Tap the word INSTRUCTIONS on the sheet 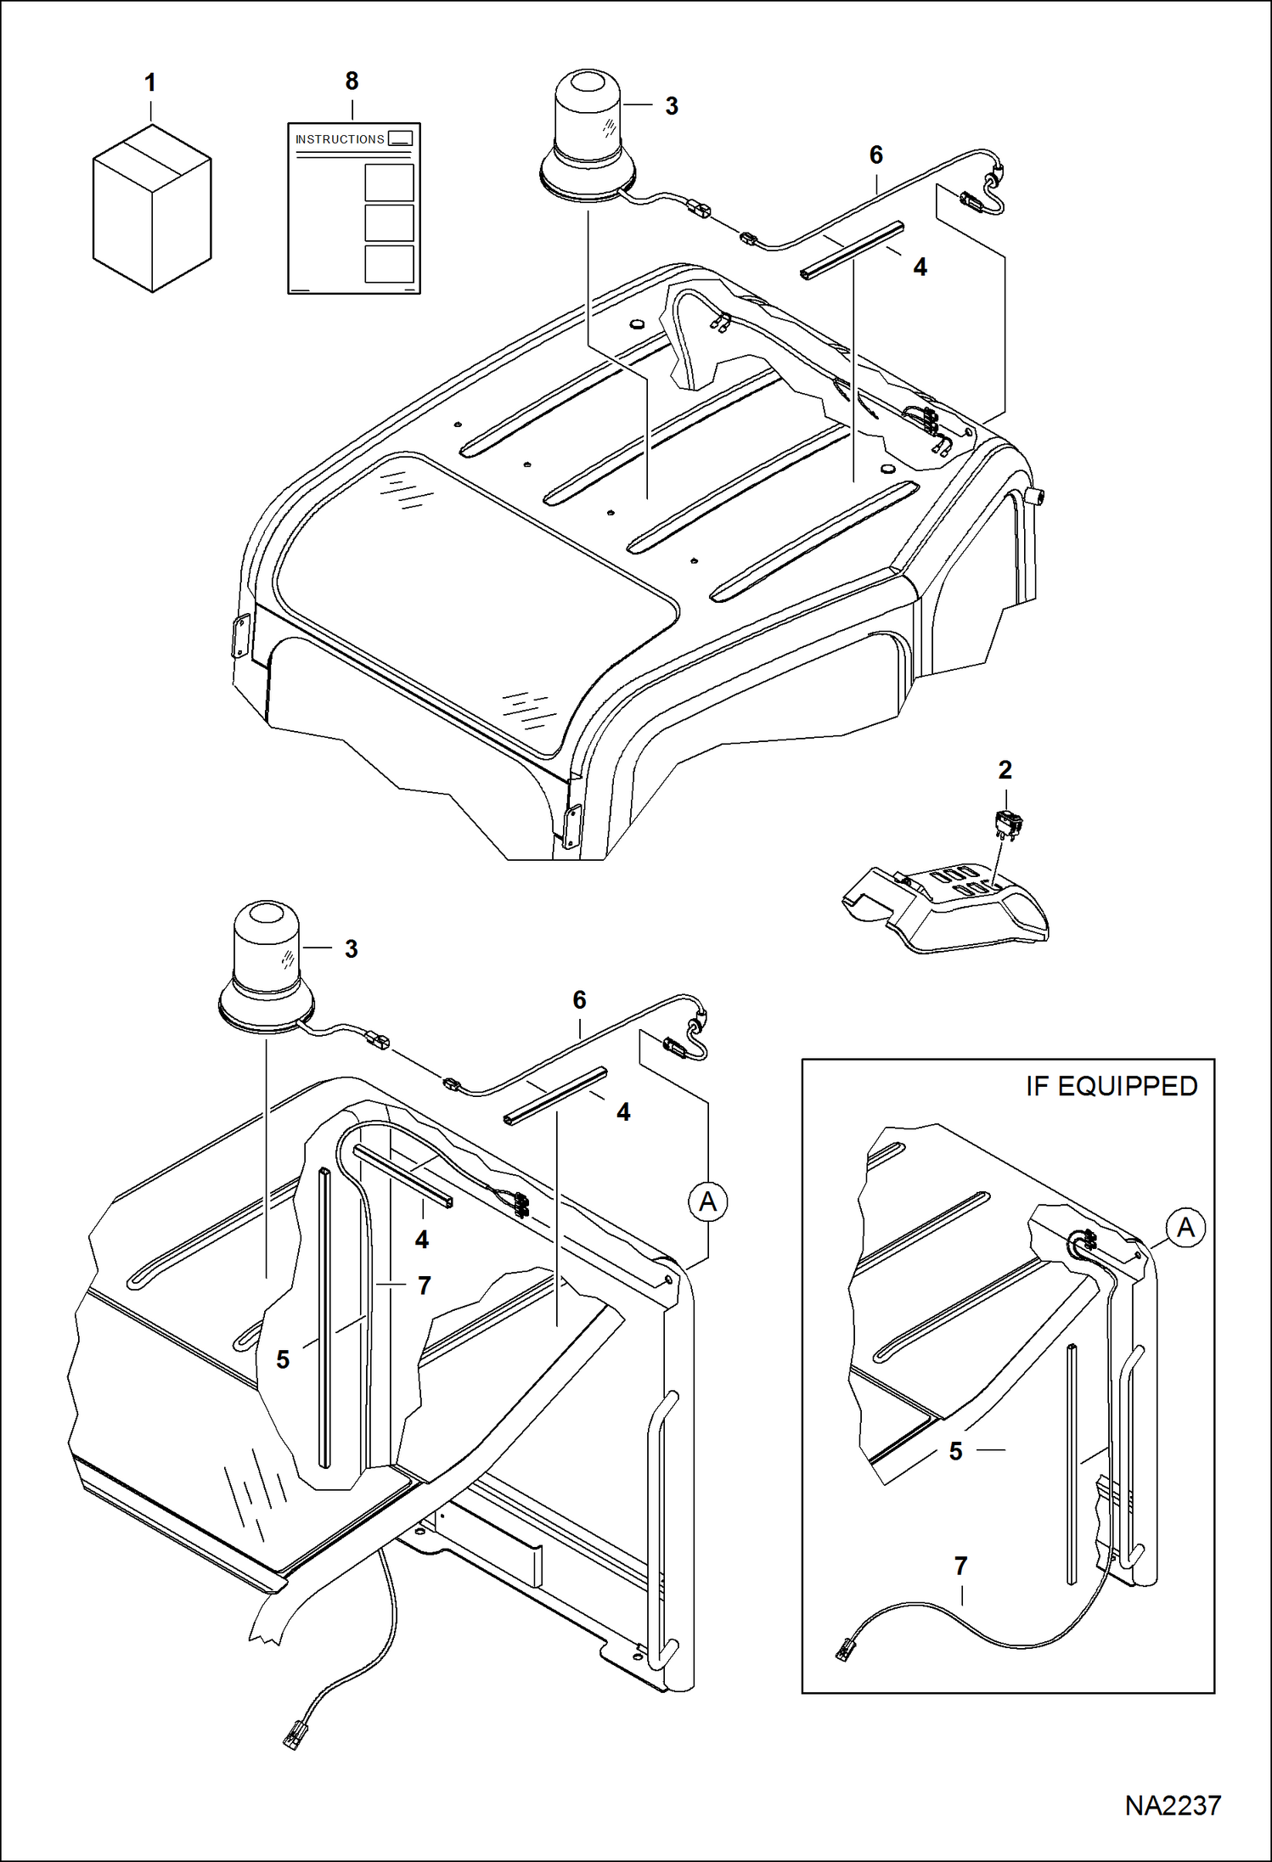340,139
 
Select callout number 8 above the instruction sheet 352,82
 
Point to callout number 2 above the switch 1005,770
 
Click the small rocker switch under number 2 1010,824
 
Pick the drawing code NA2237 1172,1805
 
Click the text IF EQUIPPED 1111,1086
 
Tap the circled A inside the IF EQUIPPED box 1185,1228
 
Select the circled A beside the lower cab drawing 707,1202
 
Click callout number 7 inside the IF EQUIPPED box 960,1566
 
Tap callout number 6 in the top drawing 876,155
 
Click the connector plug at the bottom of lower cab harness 293,1732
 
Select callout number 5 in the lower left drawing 283,1359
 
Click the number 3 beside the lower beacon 351,949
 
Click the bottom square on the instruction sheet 389,263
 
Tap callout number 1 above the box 150,83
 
